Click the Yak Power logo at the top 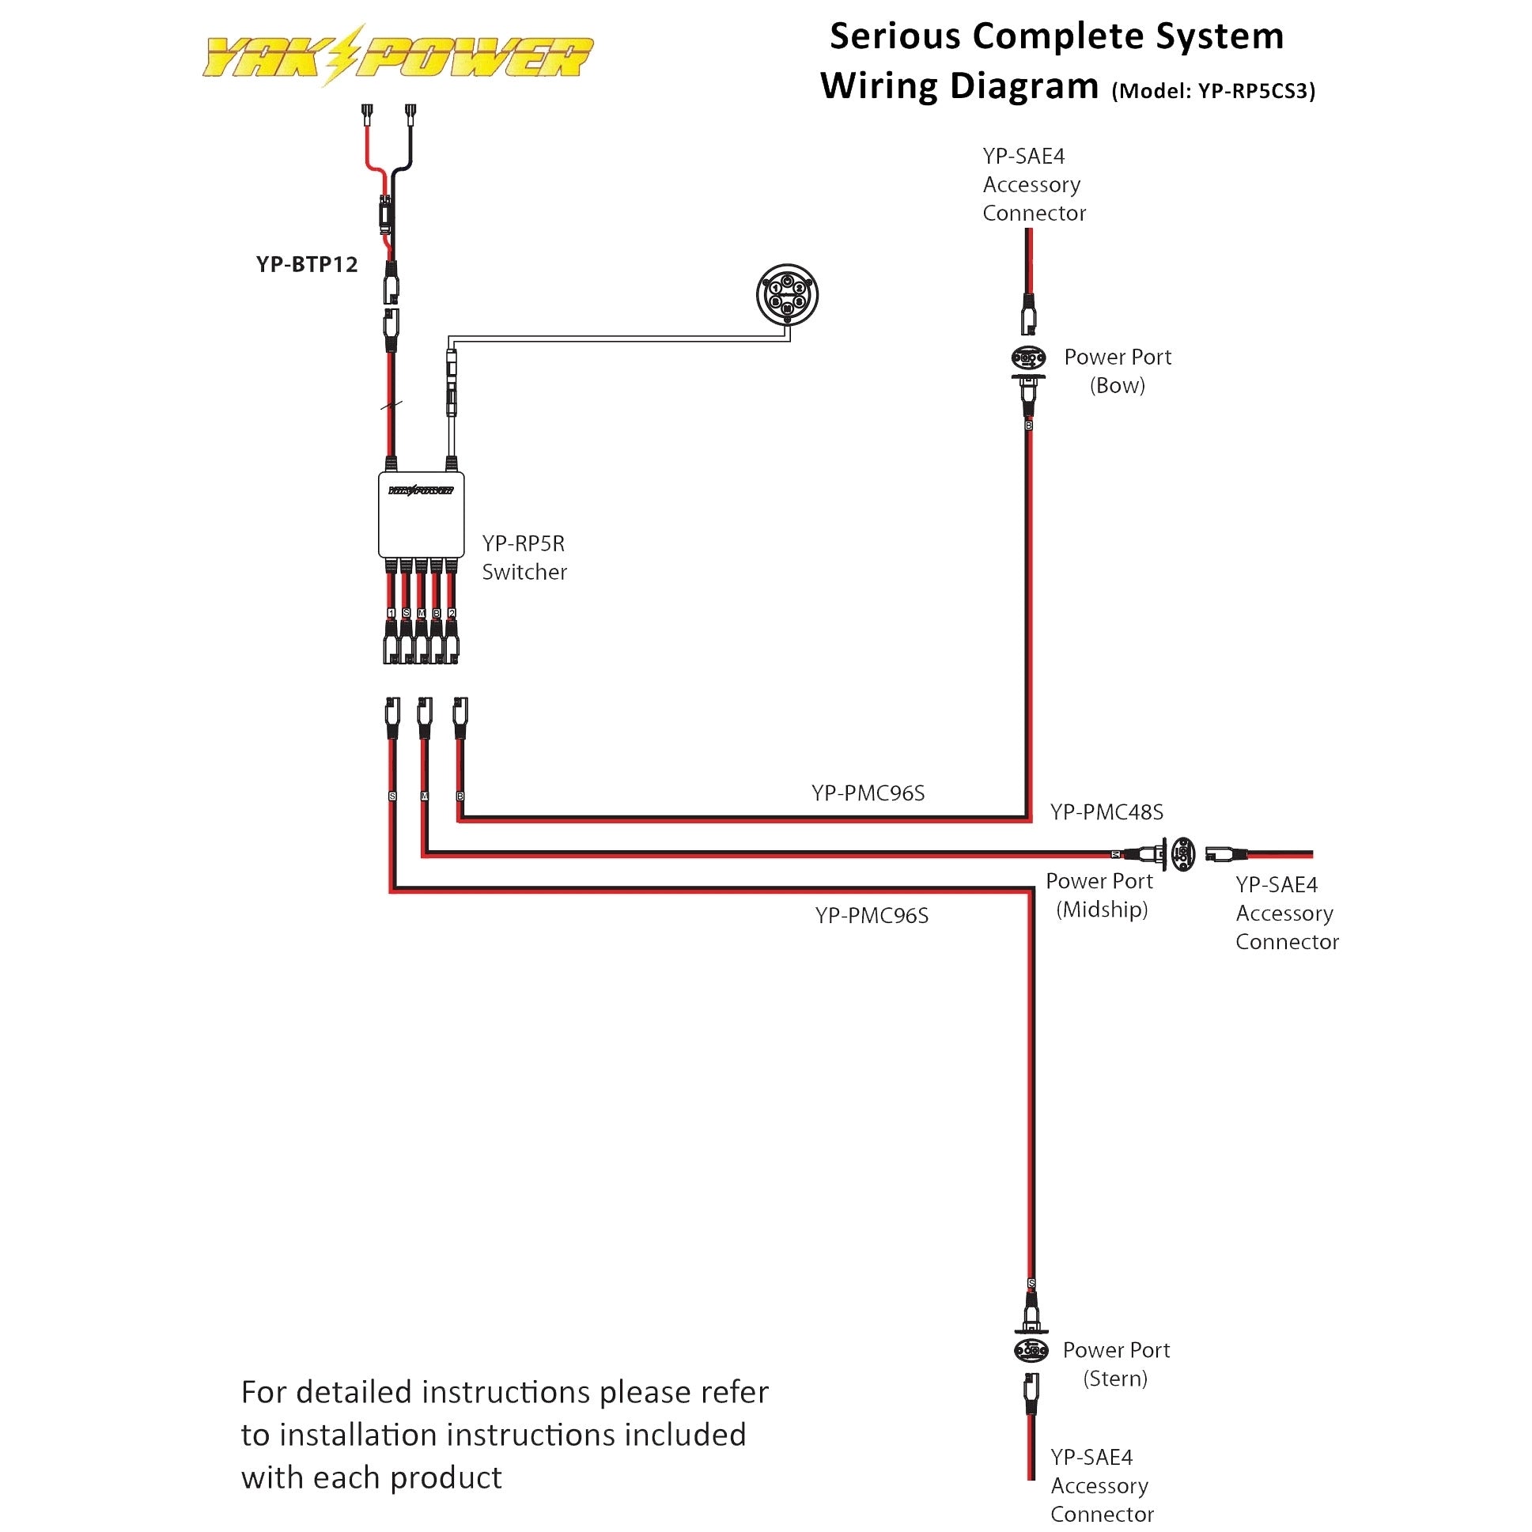tap(396, 55)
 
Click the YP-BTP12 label tap(307, 265)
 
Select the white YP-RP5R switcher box tap(421, 516)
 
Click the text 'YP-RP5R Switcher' tap(524, 558)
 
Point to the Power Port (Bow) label tap(1118, 371)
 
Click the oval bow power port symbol tap(1028, 358)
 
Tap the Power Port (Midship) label tap(1101, 895)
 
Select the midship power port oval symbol tap(1183, 854)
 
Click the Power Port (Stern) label tap(1116, 1364)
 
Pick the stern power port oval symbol tap(1031, 1349)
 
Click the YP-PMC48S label tap(1107, 812)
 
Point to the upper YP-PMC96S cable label tap(868, 793)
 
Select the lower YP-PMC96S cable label tap(872, 916)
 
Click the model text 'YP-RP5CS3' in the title tap(1252, 91)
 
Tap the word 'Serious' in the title tap(895, 36)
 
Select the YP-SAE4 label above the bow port tap(1023, 157)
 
